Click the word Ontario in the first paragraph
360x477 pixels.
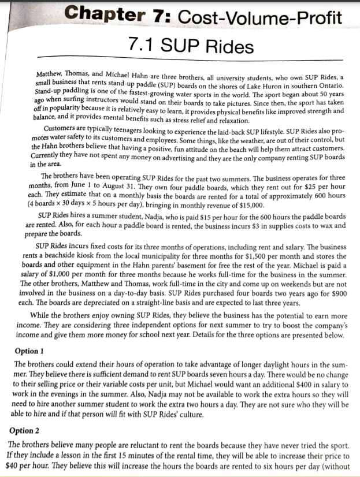pos(328,86)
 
